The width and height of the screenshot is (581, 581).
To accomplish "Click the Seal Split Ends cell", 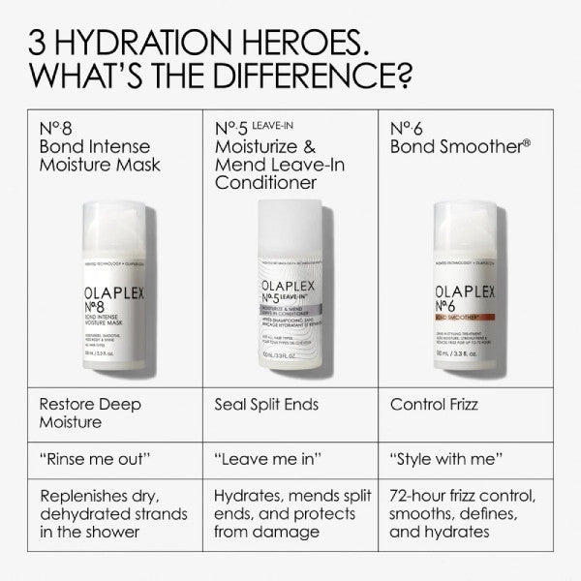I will click(x=266, y=405).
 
